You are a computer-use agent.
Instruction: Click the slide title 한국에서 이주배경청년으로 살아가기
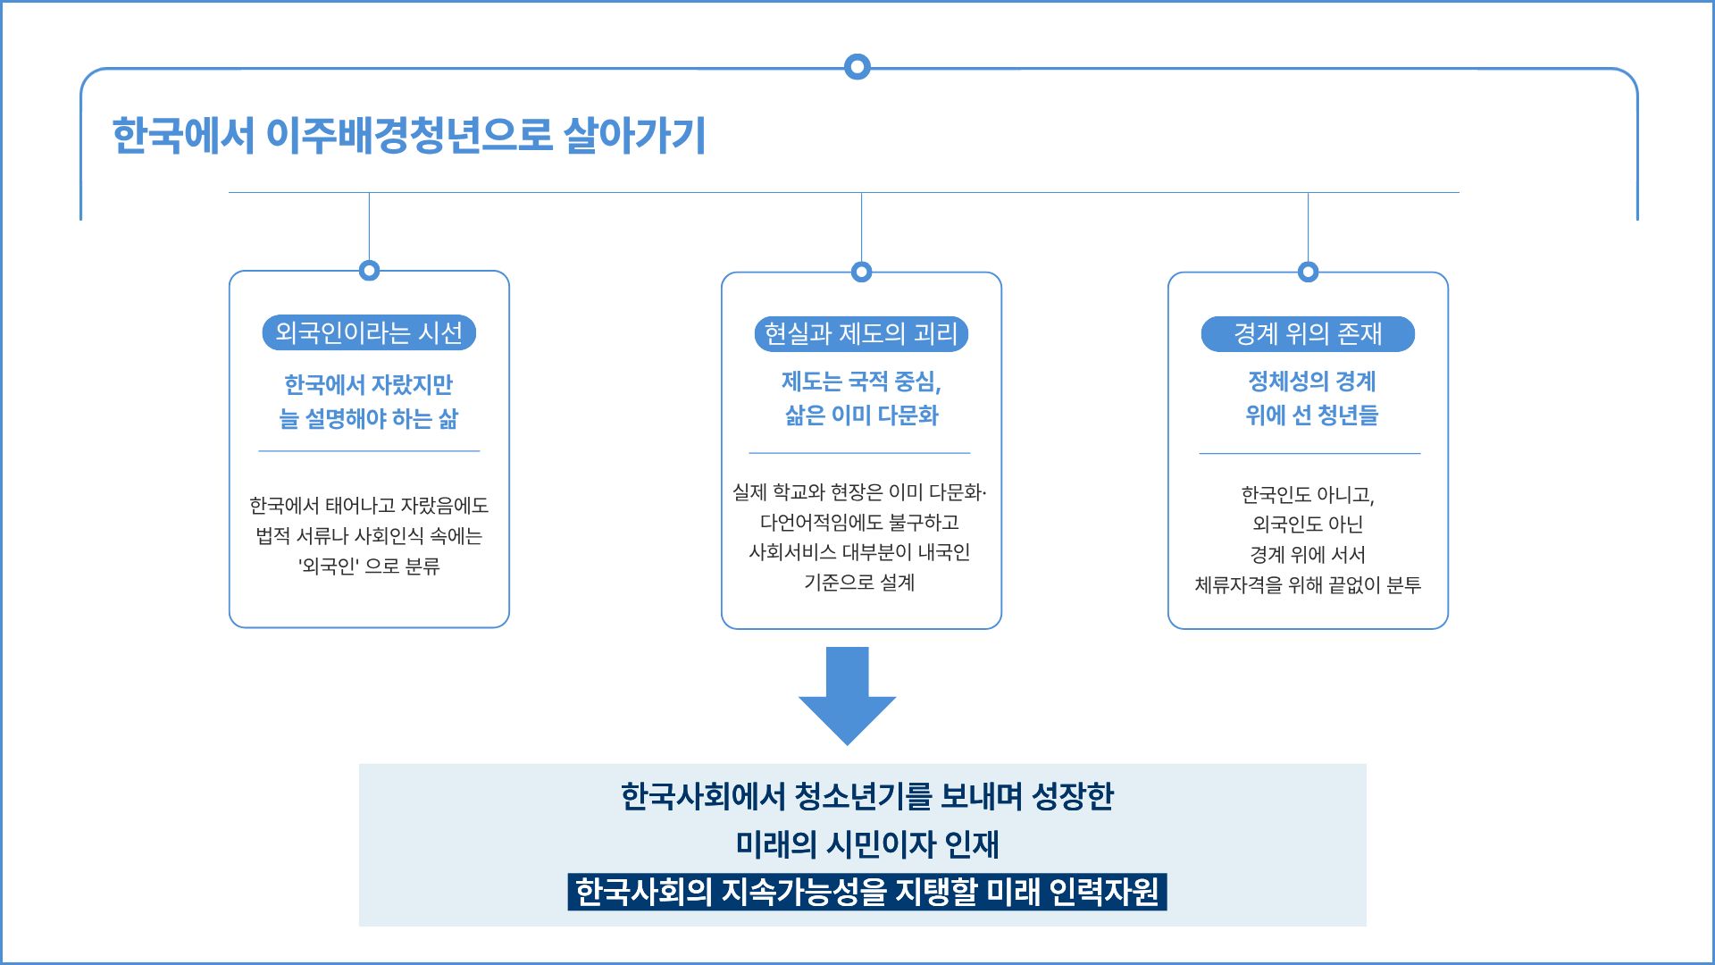coord(409,136)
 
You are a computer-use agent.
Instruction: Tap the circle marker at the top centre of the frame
coord(857,66)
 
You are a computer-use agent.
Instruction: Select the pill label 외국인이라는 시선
coord(369,333)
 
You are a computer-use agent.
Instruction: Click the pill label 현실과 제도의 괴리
coord(861,334)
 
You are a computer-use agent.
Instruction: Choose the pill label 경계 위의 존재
coord(1308,334)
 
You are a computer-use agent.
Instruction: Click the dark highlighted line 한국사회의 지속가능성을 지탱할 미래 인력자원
coord(866,892)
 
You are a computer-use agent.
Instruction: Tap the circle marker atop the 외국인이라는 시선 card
coord(369,270)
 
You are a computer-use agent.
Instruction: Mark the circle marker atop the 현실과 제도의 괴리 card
coord(861,272)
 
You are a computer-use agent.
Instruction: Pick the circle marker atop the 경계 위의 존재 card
coord(1308,272)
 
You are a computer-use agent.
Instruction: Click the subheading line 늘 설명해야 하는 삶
coord(369,418)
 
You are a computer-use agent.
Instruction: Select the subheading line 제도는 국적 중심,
coord(861,382)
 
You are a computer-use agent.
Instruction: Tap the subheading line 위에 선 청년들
coord(1311,415)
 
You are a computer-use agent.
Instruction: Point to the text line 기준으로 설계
coord(859,583)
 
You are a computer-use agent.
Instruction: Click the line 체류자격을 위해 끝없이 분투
coord(1308,585)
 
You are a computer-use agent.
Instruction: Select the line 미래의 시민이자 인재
coord(866,844)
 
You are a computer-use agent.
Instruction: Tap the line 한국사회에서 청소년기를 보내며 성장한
coord(866,796)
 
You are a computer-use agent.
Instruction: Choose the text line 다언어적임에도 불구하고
coord(859,523)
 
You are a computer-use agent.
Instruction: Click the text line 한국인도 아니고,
coord(1308,495)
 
